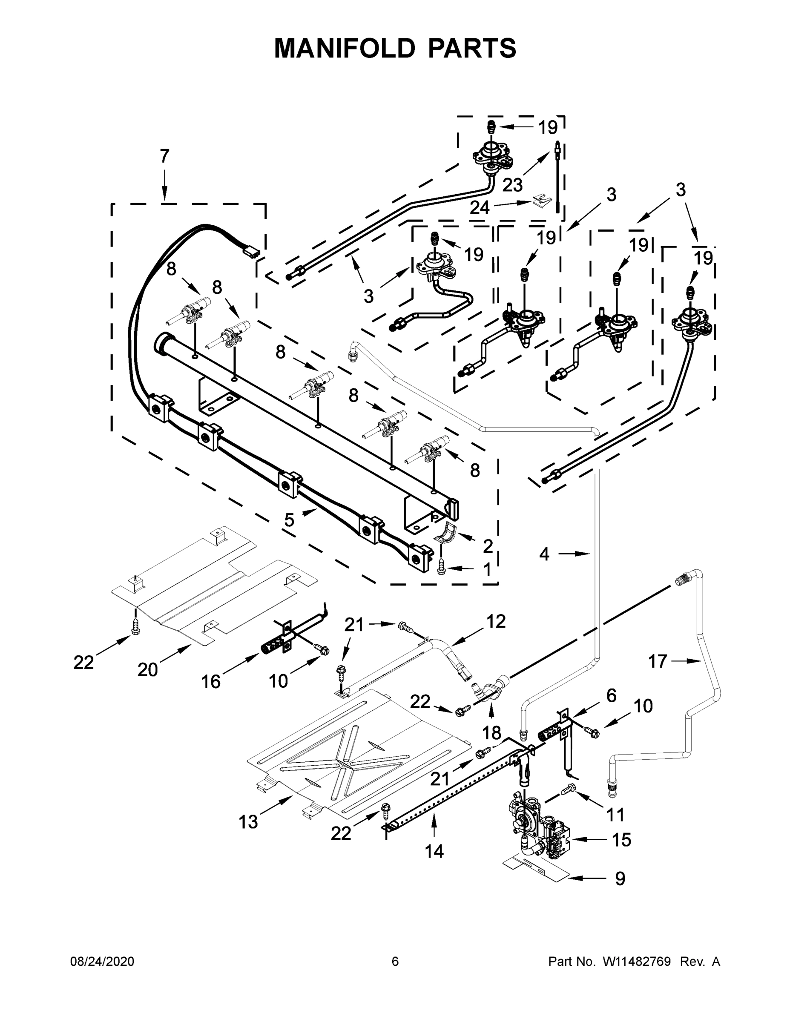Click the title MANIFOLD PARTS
click(x=395, y=48)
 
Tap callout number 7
click(x=164, y=156)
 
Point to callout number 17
click(x=657, y=661)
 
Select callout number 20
click(x=147, y=670)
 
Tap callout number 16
click(x=211, y=682)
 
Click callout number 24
click(x=480, y=207)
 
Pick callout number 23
click(x=512, y=185)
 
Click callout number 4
click(x=544, y=554)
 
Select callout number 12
click(x=496, y=621)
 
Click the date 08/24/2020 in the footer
click(x=102, y=962)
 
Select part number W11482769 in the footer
click(x=637, y=962)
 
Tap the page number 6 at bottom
click(x=395, y=962)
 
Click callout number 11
click(x=615, y=815)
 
